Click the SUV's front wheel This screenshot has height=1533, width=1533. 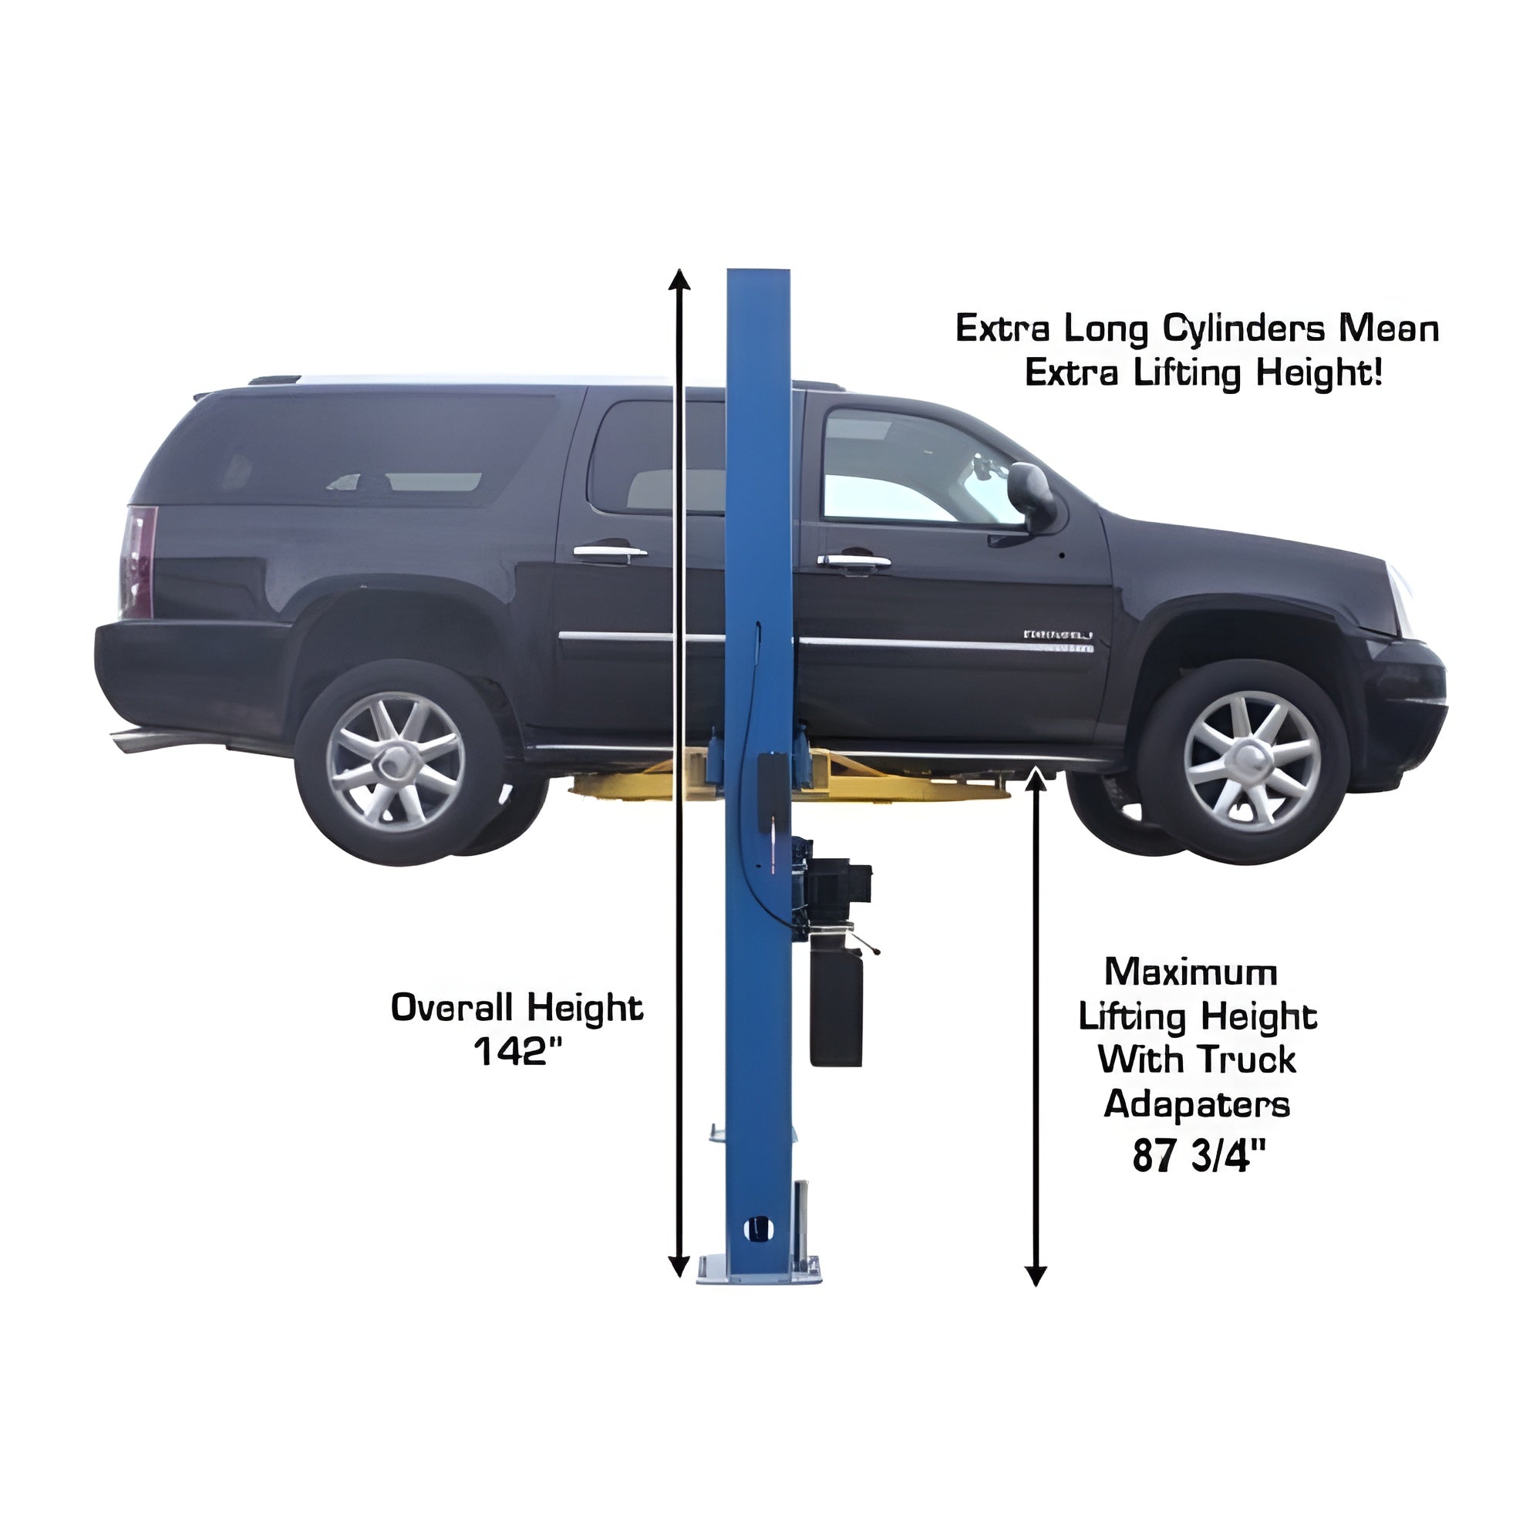[1244, 762]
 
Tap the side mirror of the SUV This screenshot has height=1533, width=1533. [1030, 495]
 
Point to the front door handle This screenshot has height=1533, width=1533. [854, 561]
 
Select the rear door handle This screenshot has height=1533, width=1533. [609, 552]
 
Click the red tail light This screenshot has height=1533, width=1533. [139, 562]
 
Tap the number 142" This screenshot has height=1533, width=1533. [517, 1052]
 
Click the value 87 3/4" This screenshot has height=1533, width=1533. [1198, 1155]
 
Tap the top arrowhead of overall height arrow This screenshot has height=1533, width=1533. [679, 279]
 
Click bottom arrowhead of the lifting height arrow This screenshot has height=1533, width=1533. [1036, 1275]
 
